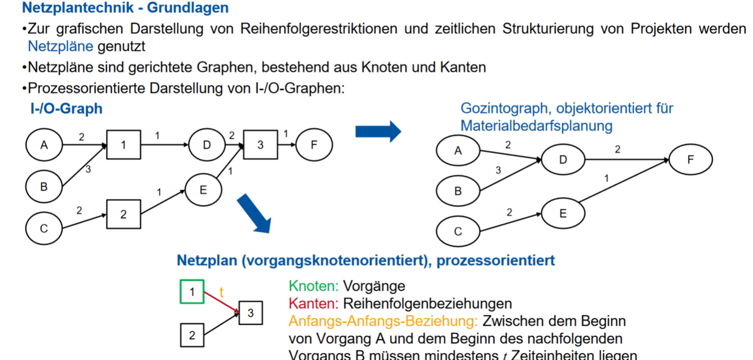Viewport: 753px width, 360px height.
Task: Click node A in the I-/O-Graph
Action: tap(44, 145)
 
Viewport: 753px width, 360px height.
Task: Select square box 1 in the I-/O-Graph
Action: tap(123, 145)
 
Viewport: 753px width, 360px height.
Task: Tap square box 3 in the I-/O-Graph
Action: tap(260, 145)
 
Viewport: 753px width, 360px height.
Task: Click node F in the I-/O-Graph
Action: tap(314, 145)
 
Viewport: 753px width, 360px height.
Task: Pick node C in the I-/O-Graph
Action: tap(44, 229)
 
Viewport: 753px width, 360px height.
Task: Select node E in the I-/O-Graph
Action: tap(203, 190)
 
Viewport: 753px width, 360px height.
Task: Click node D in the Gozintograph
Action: tap(563, 160)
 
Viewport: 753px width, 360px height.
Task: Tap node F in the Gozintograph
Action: tap(690, 160)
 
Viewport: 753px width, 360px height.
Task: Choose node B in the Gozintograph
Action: tap(458, 191)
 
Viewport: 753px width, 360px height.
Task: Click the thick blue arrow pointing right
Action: tap(378, 131)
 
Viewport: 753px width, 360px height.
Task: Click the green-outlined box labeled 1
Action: tap(192, 292)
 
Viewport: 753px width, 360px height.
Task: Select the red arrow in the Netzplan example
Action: tap(221, 301)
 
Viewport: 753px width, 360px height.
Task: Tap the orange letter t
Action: tap(221, 292)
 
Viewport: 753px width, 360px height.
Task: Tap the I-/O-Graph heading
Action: tap(66, 108)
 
